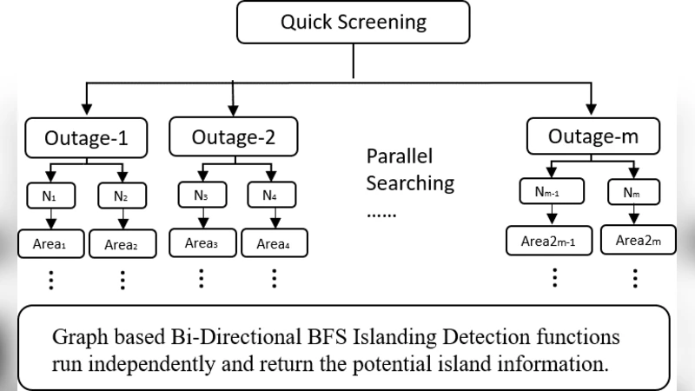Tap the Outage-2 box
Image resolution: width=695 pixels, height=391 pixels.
232,137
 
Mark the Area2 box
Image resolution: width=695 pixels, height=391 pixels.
122,244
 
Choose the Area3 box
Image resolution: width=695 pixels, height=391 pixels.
202,242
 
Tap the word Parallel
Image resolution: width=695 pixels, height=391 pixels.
399,157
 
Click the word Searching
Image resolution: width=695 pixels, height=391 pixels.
410,183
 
